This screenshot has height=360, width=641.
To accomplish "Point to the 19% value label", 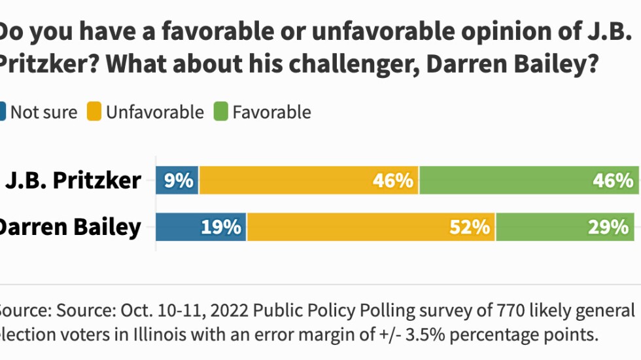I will click(x=221, y=227).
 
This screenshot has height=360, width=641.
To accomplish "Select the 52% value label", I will click(x=470, y=227).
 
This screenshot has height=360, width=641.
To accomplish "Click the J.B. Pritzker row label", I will click(x=73, y=181).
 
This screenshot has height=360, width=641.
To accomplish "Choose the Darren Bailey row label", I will click(x=69, y=227).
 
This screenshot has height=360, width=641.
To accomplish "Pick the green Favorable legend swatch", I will click(x=220, y=113).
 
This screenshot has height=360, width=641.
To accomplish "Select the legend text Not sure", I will click(x=43, y=113).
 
